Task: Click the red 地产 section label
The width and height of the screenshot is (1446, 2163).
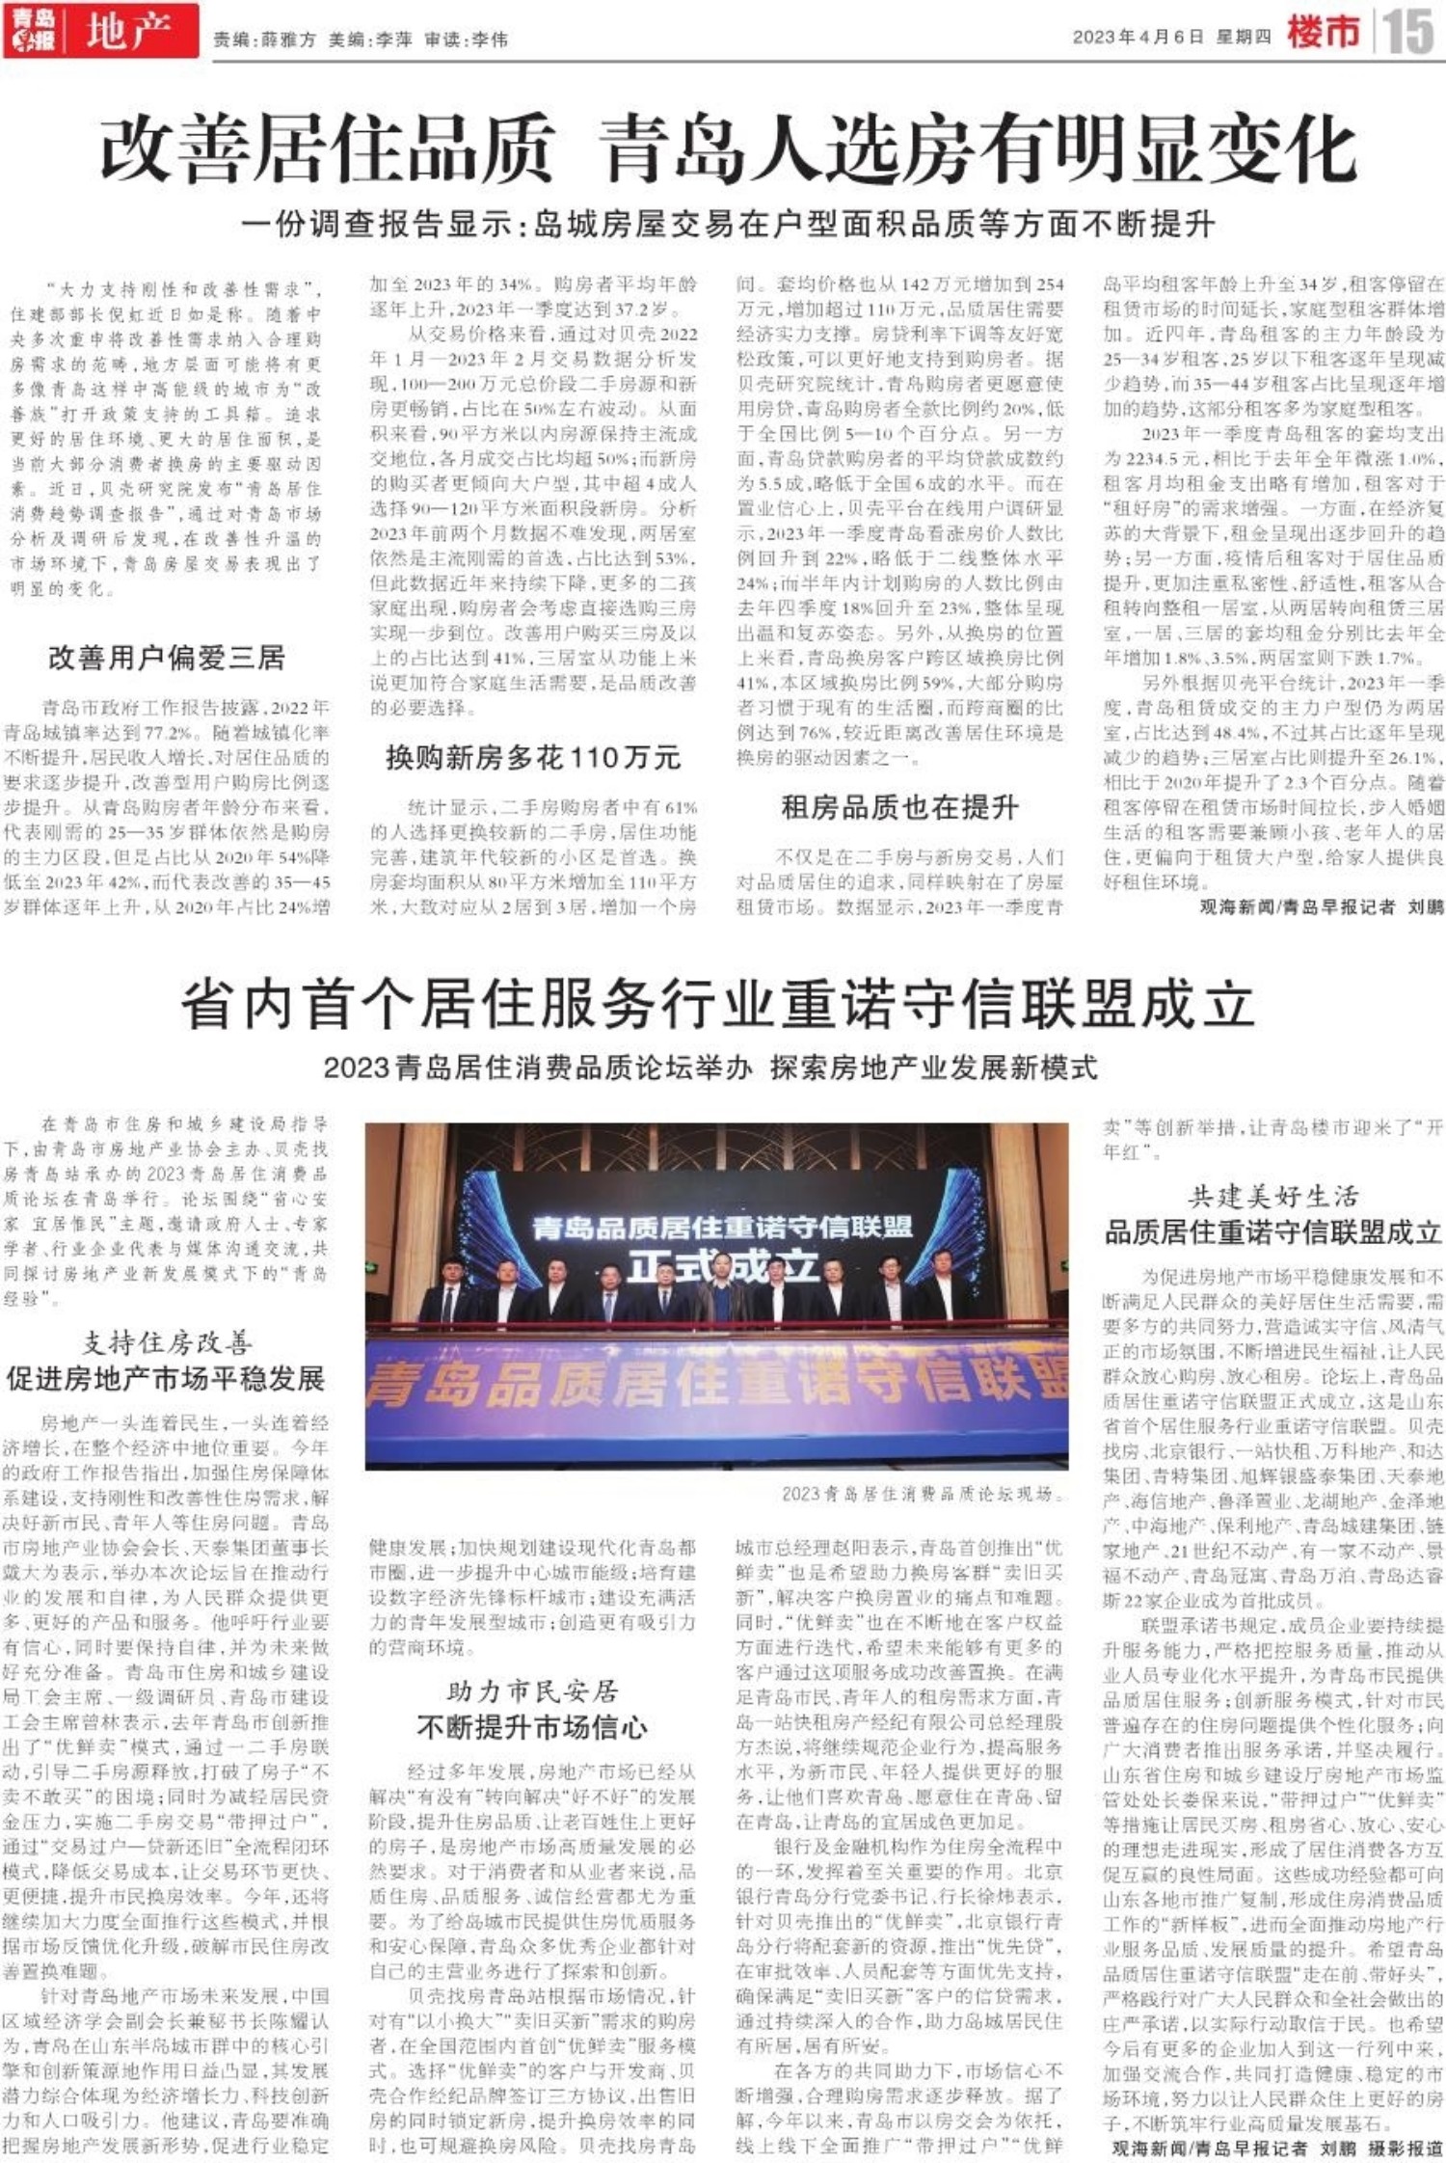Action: pyautogui.click(x=127, y=32)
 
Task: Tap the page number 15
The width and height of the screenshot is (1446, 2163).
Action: pyautogui.click(x=1408, y=32)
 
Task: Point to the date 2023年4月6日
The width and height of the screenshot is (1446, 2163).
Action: pyautogui.click(x=1138, y=38)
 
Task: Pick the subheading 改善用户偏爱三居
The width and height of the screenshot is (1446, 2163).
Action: pyautogui.click(x=167, y=659)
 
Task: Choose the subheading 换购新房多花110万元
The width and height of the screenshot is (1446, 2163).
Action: pyautogui.click(x=533, y=758)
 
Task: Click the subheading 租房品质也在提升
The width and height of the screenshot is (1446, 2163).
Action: pyautogui.click(x=899, y=808)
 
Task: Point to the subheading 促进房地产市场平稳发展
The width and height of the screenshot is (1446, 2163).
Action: pyautogui.click(x=166, y=1379)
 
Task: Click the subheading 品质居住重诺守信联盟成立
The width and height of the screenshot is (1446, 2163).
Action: pyautogui.click(x=1272, y=1232)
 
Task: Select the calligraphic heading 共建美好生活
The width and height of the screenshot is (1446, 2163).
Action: pyautogui.click(x=1272, y=1198)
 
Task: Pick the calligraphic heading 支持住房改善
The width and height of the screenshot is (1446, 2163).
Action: pyautogui.click(x=166, y=1343)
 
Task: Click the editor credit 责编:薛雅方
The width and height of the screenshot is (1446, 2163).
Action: pyautogui.click(x=264, y=40)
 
